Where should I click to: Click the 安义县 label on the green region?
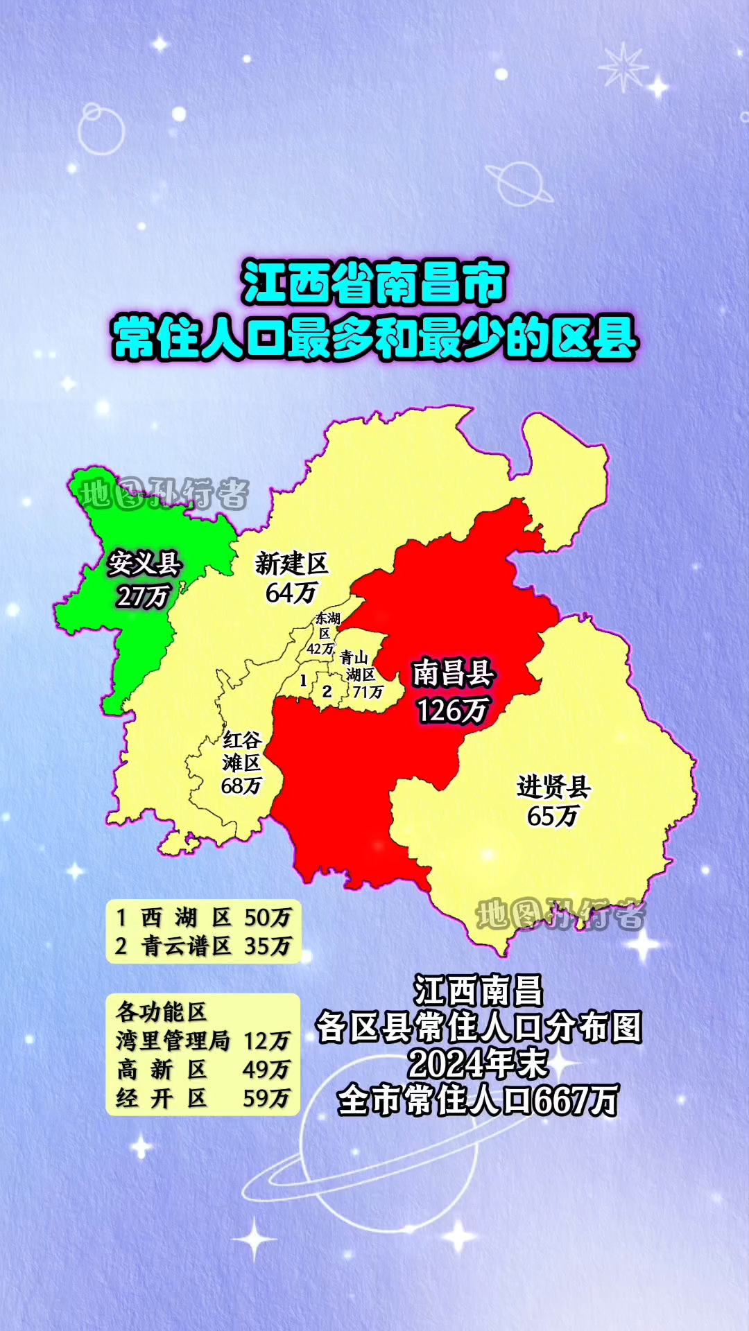click(x=144, y=564)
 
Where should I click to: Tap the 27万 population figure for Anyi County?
click(x=143, y=596)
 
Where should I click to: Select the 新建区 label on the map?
click(x=291, y=564)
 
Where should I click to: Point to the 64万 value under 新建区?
click(x=291, y=593)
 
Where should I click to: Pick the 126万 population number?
click(x=452, y=710)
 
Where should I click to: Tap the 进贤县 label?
click(x=553, y=787)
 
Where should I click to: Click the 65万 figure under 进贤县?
click(x=553, y=817)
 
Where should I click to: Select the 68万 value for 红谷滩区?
click(x=241, y=786)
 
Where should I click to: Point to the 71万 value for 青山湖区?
click(x=368, y=692)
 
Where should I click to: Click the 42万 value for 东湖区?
click(x=321, y=650)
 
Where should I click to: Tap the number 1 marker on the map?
click(x=303, y=681)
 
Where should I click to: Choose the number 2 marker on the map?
click(x=327, y=691)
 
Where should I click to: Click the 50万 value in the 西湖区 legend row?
click(x=268, y=918)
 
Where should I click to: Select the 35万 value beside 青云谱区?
click(x=268, y=946)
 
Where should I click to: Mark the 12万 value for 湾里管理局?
click(x=267, y=1041)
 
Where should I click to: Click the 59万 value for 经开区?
click(x=266, y=1099)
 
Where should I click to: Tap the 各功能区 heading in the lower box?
click(x=161, y=1012)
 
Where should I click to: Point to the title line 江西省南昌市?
click(x=374, y=284)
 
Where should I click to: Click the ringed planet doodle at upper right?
click(x=518, y=184)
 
